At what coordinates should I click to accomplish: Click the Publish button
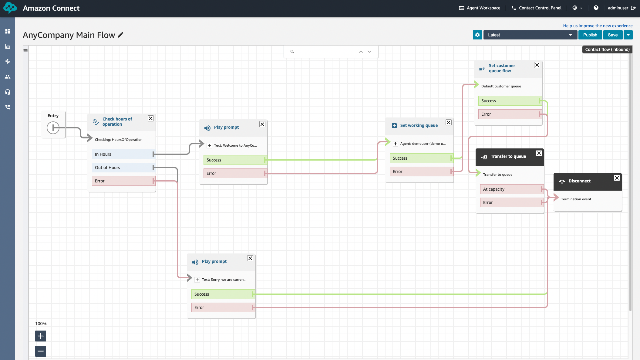590,35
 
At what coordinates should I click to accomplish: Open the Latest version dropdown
530,35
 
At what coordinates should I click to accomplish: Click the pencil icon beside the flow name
121,35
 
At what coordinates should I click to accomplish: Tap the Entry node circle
53,128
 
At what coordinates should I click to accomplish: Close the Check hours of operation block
151,118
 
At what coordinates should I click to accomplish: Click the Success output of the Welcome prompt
235,160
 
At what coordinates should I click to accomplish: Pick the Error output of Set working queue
421,172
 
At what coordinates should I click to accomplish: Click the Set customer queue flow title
502,68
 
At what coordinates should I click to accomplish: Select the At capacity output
512,189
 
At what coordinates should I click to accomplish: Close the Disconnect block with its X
617,178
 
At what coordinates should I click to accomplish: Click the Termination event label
576,199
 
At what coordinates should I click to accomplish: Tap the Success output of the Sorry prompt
223,294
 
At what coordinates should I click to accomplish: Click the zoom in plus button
41,336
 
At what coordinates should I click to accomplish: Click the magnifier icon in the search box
292,52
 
